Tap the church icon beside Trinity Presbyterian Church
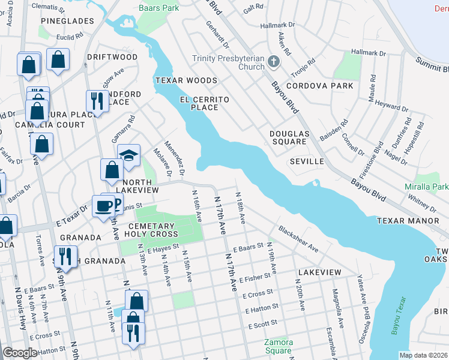tap(274, 61)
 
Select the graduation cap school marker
tap(128, 155)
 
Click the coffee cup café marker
tap(103, 206)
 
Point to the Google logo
tap(20, 353)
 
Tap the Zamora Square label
tap(279, 346)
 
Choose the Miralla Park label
tap(426, 187)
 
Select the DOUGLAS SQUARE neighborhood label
tap(288, 138)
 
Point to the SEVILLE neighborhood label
tap(307, 161)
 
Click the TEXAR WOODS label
tap(186, 80)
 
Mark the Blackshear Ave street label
tap(298, 239)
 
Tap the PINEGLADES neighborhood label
tap(67, 21)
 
